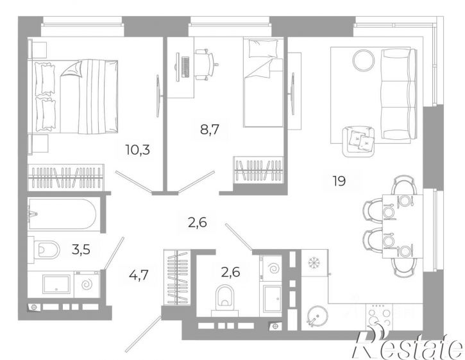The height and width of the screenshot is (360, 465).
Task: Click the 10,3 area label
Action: pyautogui.click(x=138, y=150)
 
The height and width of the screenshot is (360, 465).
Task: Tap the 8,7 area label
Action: pyautogui.click(x=210, y=130)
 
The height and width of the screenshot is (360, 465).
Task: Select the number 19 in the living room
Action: pyautogui.click(x=339, y=181)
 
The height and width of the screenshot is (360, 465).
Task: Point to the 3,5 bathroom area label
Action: pyautogui.click(x=81, y=250)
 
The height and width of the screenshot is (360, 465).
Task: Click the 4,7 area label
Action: pyautogui.click(x=139, y=275)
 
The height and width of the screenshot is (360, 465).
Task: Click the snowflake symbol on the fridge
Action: pyautogui.click(x=313, y=262)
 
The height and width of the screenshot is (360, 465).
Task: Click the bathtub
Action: pyautogui.click(x=62, y=214)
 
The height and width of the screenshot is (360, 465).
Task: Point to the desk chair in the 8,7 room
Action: pyautogui.click(x=207, y=64)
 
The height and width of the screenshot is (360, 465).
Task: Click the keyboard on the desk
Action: pyautogui.click(x=185, y=67)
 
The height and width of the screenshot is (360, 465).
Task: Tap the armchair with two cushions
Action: pyautogui.click(x=358, y=141)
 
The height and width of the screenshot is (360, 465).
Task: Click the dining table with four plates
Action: pyautogui.click(x=402, y=226)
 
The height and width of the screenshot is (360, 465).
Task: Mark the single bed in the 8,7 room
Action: pyautogui.click(x=263, y=82)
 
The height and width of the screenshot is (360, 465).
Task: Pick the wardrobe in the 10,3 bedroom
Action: pyautogui.click(x=66, y=177)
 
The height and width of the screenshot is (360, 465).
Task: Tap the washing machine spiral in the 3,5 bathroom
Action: pyautogui.click(x=87, y=285)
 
